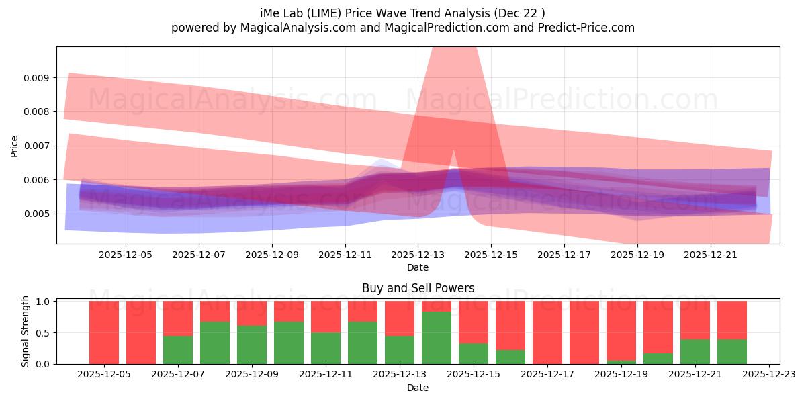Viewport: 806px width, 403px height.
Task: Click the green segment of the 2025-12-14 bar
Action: tap(437, 338)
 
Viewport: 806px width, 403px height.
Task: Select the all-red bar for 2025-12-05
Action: tap(104, 332)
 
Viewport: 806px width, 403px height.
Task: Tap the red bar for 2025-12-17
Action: tap(547, 332)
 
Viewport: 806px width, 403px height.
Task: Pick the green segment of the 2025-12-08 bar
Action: tap(215, 343)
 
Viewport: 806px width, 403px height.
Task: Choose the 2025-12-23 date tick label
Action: tap(768, 375)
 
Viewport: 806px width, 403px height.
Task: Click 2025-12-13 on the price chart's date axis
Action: tap(418, 255)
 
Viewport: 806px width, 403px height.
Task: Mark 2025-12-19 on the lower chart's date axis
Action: tap(621, 375)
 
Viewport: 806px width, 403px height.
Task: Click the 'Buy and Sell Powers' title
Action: tap(418, 288)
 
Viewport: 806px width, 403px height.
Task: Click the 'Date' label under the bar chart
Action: tap(418, 388)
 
